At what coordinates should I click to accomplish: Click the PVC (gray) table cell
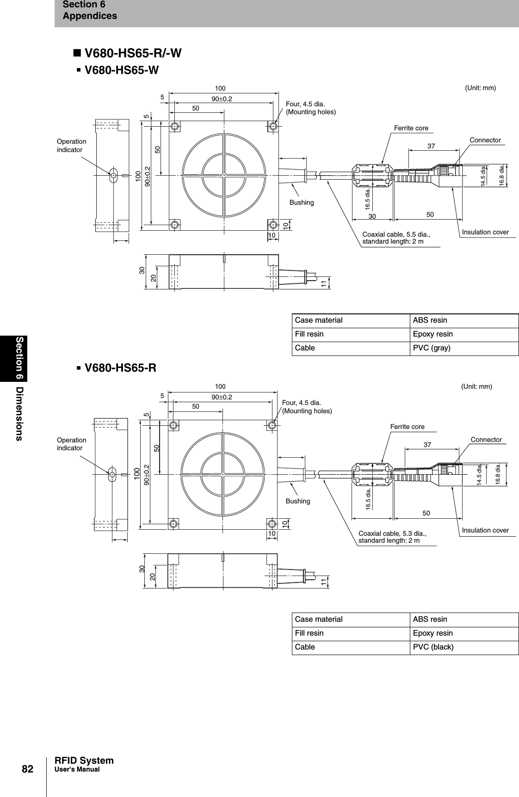431,348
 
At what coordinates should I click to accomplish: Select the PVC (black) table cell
433,647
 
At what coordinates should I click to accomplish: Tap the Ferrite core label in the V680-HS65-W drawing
411,128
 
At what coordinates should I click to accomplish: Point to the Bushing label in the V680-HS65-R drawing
298,501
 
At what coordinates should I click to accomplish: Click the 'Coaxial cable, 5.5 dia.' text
396,234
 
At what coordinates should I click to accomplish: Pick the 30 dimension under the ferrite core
372,216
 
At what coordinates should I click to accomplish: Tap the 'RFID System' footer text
84,760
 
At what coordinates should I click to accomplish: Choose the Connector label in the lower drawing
486,440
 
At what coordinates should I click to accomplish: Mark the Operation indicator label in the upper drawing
71,146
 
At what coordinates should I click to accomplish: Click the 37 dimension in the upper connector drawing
431,146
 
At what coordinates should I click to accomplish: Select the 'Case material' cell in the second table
319,619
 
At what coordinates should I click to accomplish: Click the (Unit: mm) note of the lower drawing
476,386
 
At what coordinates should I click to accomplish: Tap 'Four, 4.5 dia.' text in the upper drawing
305,104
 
